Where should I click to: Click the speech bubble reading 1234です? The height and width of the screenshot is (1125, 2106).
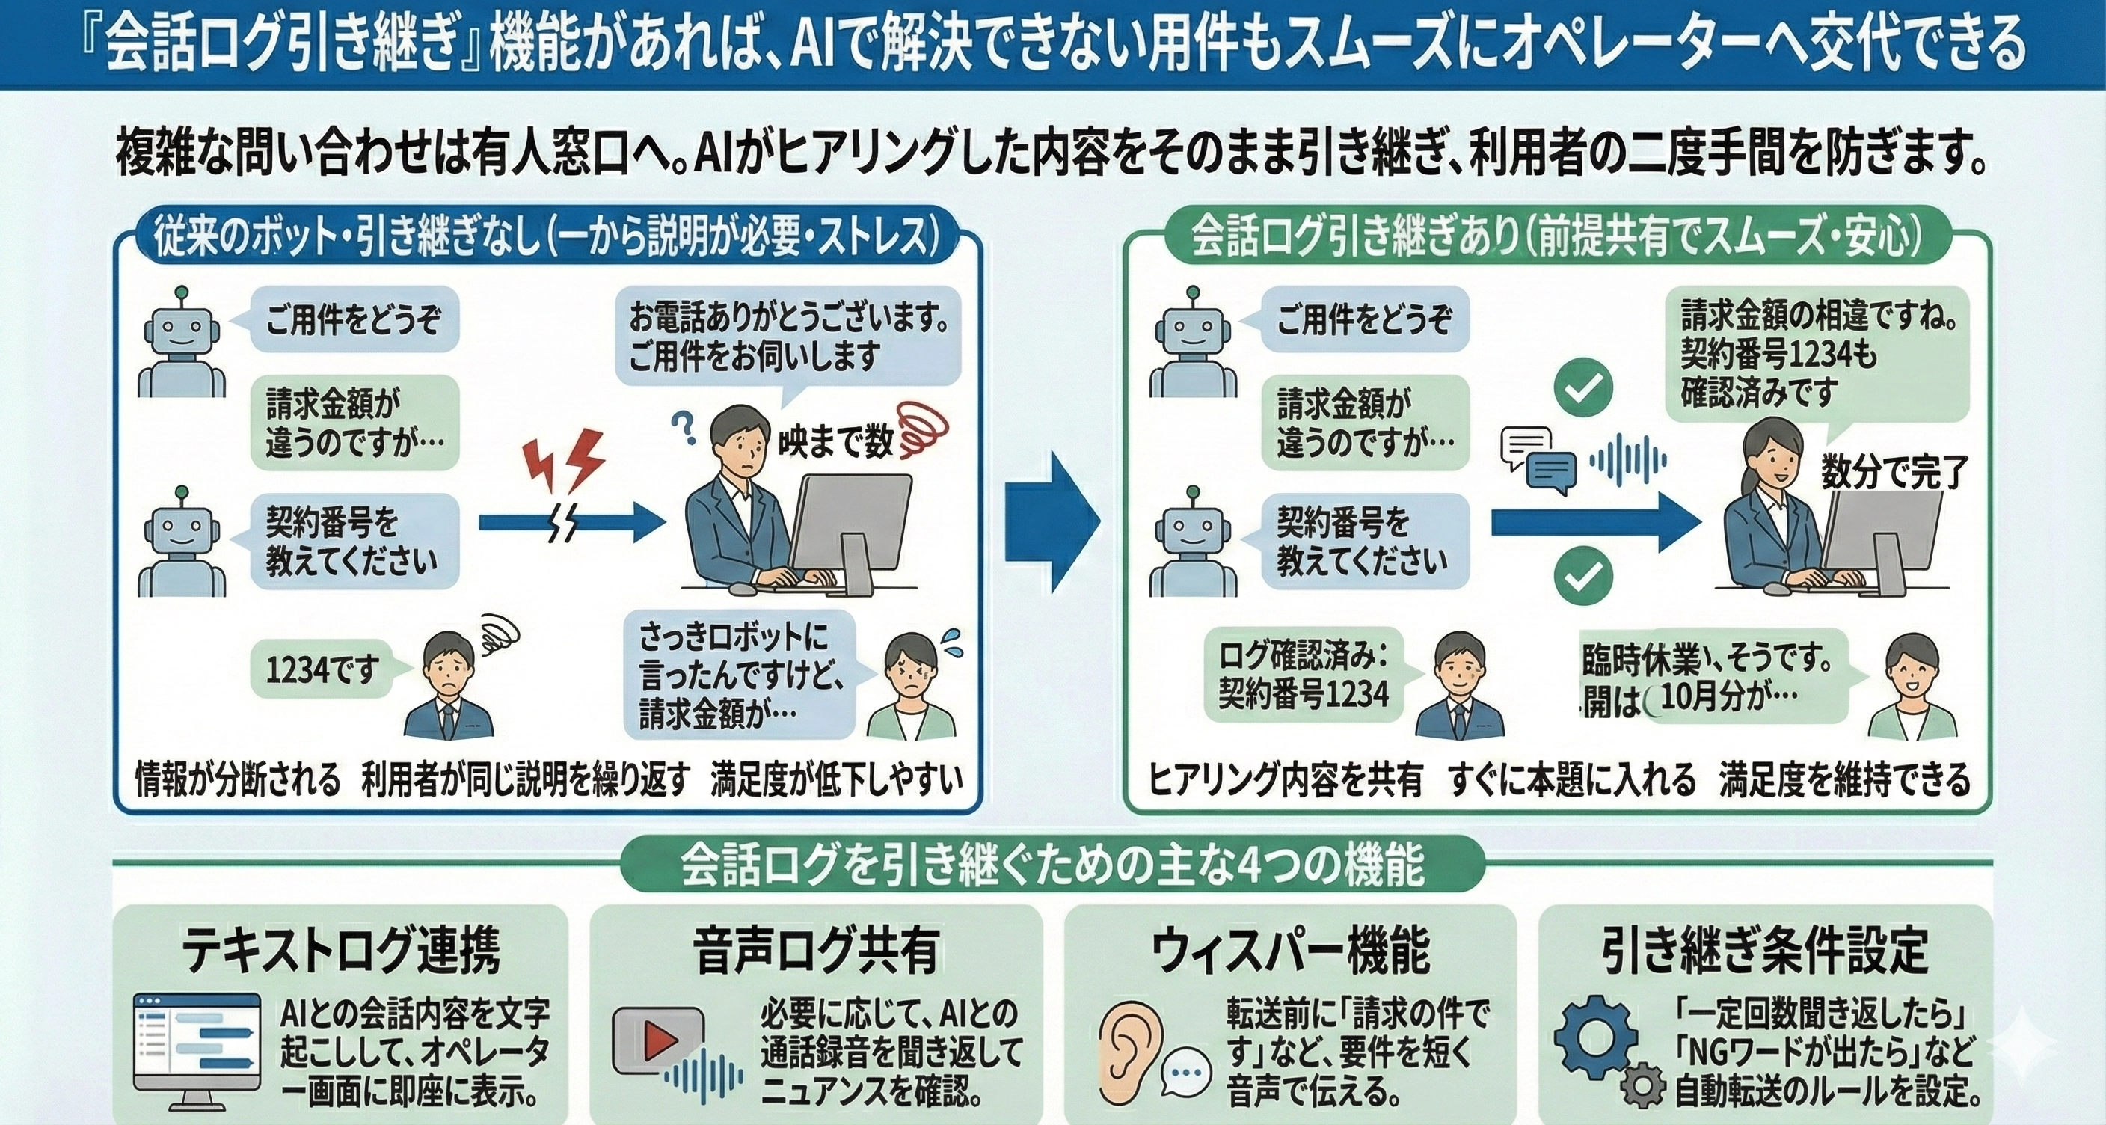[x=322, y=671]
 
